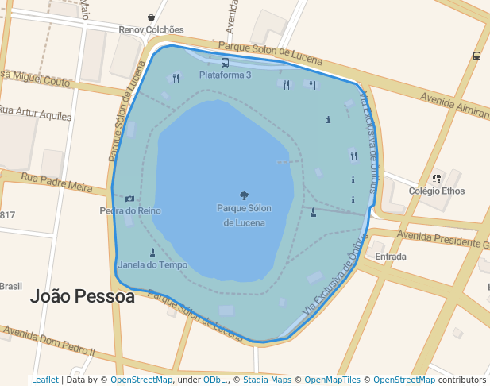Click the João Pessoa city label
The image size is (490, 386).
click(x=82, y=296)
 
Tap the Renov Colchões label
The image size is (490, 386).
click(x=151, y=30)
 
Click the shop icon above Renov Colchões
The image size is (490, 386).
click(x=151, y=17)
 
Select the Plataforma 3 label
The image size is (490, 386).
click(x=225, y=75)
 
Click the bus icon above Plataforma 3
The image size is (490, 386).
click(x=225, y=62)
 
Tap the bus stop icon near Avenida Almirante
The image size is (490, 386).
click(x=476, y=56)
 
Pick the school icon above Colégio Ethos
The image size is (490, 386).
click(x=437, y=179)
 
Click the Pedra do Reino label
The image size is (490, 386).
click(x=130, y=210)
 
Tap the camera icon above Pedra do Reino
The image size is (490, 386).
click(x=129, y=199)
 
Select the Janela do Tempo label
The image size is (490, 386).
click(x=152, y=264)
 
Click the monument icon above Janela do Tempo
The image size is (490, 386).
click(x=152, y=253)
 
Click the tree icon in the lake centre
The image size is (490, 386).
click(x=244, y=195)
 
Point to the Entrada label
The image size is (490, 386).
click(x=391, y=257)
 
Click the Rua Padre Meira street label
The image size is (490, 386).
click(x=57, y=183)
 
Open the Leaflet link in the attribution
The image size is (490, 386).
click(x=44, y=380)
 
